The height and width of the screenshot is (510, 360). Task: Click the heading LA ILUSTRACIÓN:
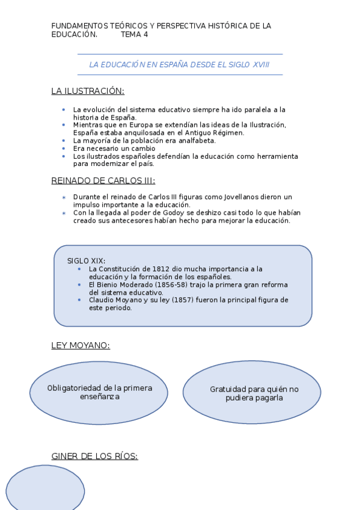pos(88,91)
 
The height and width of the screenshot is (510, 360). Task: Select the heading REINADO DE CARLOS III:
pos(103,180)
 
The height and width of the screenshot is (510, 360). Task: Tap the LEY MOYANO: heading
pos(81,345)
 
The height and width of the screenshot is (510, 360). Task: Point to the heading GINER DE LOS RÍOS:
pos(94,456)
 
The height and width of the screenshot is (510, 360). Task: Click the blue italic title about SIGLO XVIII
pos(179,64)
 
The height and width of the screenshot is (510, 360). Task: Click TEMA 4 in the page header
pos(134,34)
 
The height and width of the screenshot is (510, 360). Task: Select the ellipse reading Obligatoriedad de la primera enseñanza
pos(100,392)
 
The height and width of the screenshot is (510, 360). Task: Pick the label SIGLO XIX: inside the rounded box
pos(86,260)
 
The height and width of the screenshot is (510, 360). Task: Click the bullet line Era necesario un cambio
pos(114,148)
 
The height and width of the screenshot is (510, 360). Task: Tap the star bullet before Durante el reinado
pos(64,197)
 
